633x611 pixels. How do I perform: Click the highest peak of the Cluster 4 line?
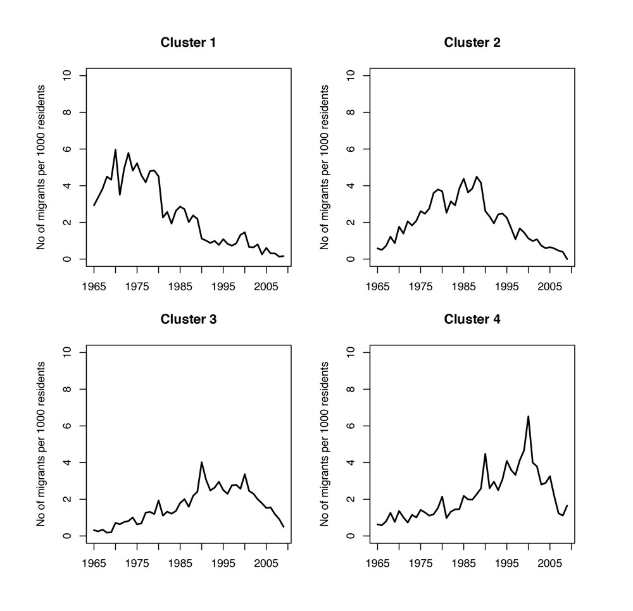tap(528, 416)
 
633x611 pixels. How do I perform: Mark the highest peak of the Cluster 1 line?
tap(115, 150)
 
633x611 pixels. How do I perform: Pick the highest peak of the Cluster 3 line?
tap(201, 462)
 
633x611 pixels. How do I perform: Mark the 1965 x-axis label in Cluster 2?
tap(378, 285)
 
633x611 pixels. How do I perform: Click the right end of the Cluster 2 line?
tap(567, 258)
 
